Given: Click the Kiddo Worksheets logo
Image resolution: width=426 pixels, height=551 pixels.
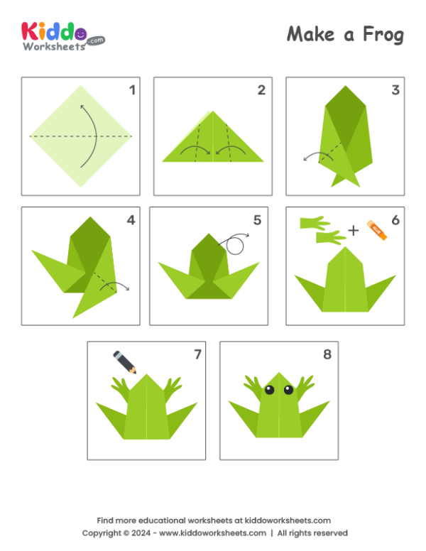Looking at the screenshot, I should (62, 35).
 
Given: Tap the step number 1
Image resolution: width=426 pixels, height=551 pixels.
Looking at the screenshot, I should (131, 89).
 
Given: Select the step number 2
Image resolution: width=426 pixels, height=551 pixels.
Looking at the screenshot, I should (261, 89).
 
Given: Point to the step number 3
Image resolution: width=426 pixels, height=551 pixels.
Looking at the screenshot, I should (395, 89).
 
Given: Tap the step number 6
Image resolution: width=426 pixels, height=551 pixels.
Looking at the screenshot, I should (395, 219).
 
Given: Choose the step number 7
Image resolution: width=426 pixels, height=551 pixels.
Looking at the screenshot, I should (197, 354).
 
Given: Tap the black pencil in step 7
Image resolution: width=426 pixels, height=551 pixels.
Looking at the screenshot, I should (125, 361).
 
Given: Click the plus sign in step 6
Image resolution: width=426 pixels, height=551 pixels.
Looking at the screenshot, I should (354, 229).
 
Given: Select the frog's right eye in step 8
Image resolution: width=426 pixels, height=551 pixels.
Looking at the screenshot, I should (288, 389).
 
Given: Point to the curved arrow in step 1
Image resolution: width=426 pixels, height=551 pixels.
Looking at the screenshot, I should (89, 135).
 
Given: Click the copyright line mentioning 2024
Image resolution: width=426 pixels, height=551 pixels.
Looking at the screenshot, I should (213, 533).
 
